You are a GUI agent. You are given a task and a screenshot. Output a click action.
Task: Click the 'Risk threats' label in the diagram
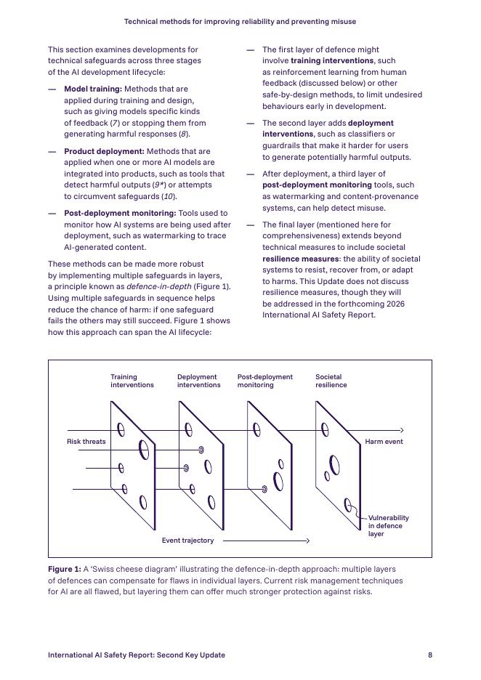pyautogui.click(x=86, y=442)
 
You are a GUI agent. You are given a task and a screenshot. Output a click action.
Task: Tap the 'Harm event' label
pyautogui.click(x=384, y=442)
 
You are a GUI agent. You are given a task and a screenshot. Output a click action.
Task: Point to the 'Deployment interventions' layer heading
pyautogui.click(x=198, y=381)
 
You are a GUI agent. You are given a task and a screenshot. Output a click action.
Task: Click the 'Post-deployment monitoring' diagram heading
pyautogui.click(x=264, y=381)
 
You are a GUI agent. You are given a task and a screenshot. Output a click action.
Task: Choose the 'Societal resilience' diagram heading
pyautogui.click(x=331, y=381)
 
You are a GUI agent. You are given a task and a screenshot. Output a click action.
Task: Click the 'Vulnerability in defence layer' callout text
pyautogui.click(x=388, y=526)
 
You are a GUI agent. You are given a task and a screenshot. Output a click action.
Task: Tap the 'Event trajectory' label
pyautogui.click(x=187, y=541)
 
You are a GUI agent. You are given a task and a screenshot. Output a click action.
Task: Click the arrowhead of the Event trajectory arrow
pyautogui.click(x=307, y=541)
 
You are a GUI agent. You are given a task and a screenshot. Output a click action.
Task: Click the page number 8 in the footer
pyautogui.click(x=430, y=655)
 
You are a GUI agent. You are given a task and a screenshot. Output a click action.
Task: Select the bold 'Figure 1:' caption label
pyautogui.click(x=65, y=569)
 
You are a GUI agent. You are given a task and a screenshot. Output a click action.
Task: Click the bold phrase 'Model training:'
pyautogui.click(x=93, y=89)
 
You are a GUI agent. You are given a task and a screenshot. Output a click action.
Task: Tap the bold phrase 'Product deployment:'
pyautogui.click(x=104, y=151)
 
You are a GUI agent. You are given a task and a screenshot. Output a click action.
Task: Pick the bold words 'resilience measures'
pyautogui.click(x=300, y=259)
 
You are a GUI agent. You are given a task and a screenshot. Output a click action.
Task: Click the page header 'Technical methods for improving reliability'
pyautogui.click(x=240, y=22)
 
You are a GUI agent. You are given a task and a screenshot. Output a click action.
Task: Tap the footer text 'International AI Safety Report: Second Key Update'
pyautogui.click(x=137, y=655)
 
